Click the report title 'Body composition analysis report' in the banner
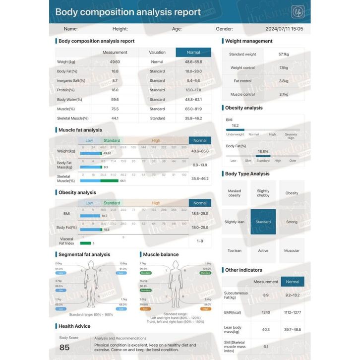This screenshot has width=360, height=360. click(x=128, y=12)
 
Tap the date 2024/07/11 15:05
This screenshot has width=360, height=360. click(x=284, y=29)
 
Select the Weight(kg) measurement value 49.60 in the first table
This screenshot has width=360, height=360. click(x=115, y=62)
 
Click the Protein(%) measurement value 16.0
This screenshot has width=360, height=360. click(x=115, y=90)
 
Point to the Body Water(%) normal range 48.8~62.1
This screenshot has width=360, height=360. click(x=193, y=100)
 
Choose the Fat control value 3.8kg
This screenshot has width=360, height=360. click(x=284, y=81)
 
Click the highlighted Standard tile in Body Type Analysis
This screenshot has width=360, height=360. click(x=263, y=222)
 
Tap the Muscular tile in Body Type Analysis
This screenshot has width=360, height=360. click(x=292, y=250)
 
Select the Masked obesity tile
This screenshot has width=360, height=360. click(x=234, y=193)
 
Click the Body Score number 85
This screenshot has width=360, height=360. click(x=64, y=348)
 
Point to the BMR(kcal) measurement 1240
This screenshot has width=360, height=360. click(x=266, y=312)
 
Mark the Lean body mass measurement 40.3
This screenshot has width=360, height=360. click(x=266, y=329)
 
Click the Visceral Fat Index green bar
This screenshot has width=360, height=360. click(x=85, y=243)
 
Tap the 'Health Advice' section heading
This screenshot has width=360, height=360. click(x=74, y=326)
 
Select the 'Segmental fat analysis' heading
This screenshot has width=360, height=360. click(x=84, y=254)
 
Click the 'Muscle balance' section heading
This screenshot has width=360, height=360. click(x=161, y=254)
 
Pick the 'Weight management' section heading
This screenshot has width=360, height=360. click(x=248, y=41)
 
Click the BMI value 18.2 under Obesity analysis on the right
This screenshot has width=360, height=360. click(x=236, y=125)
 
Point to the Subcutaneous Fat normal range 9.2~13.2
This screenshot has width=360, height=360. click(x=293, y=296)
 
